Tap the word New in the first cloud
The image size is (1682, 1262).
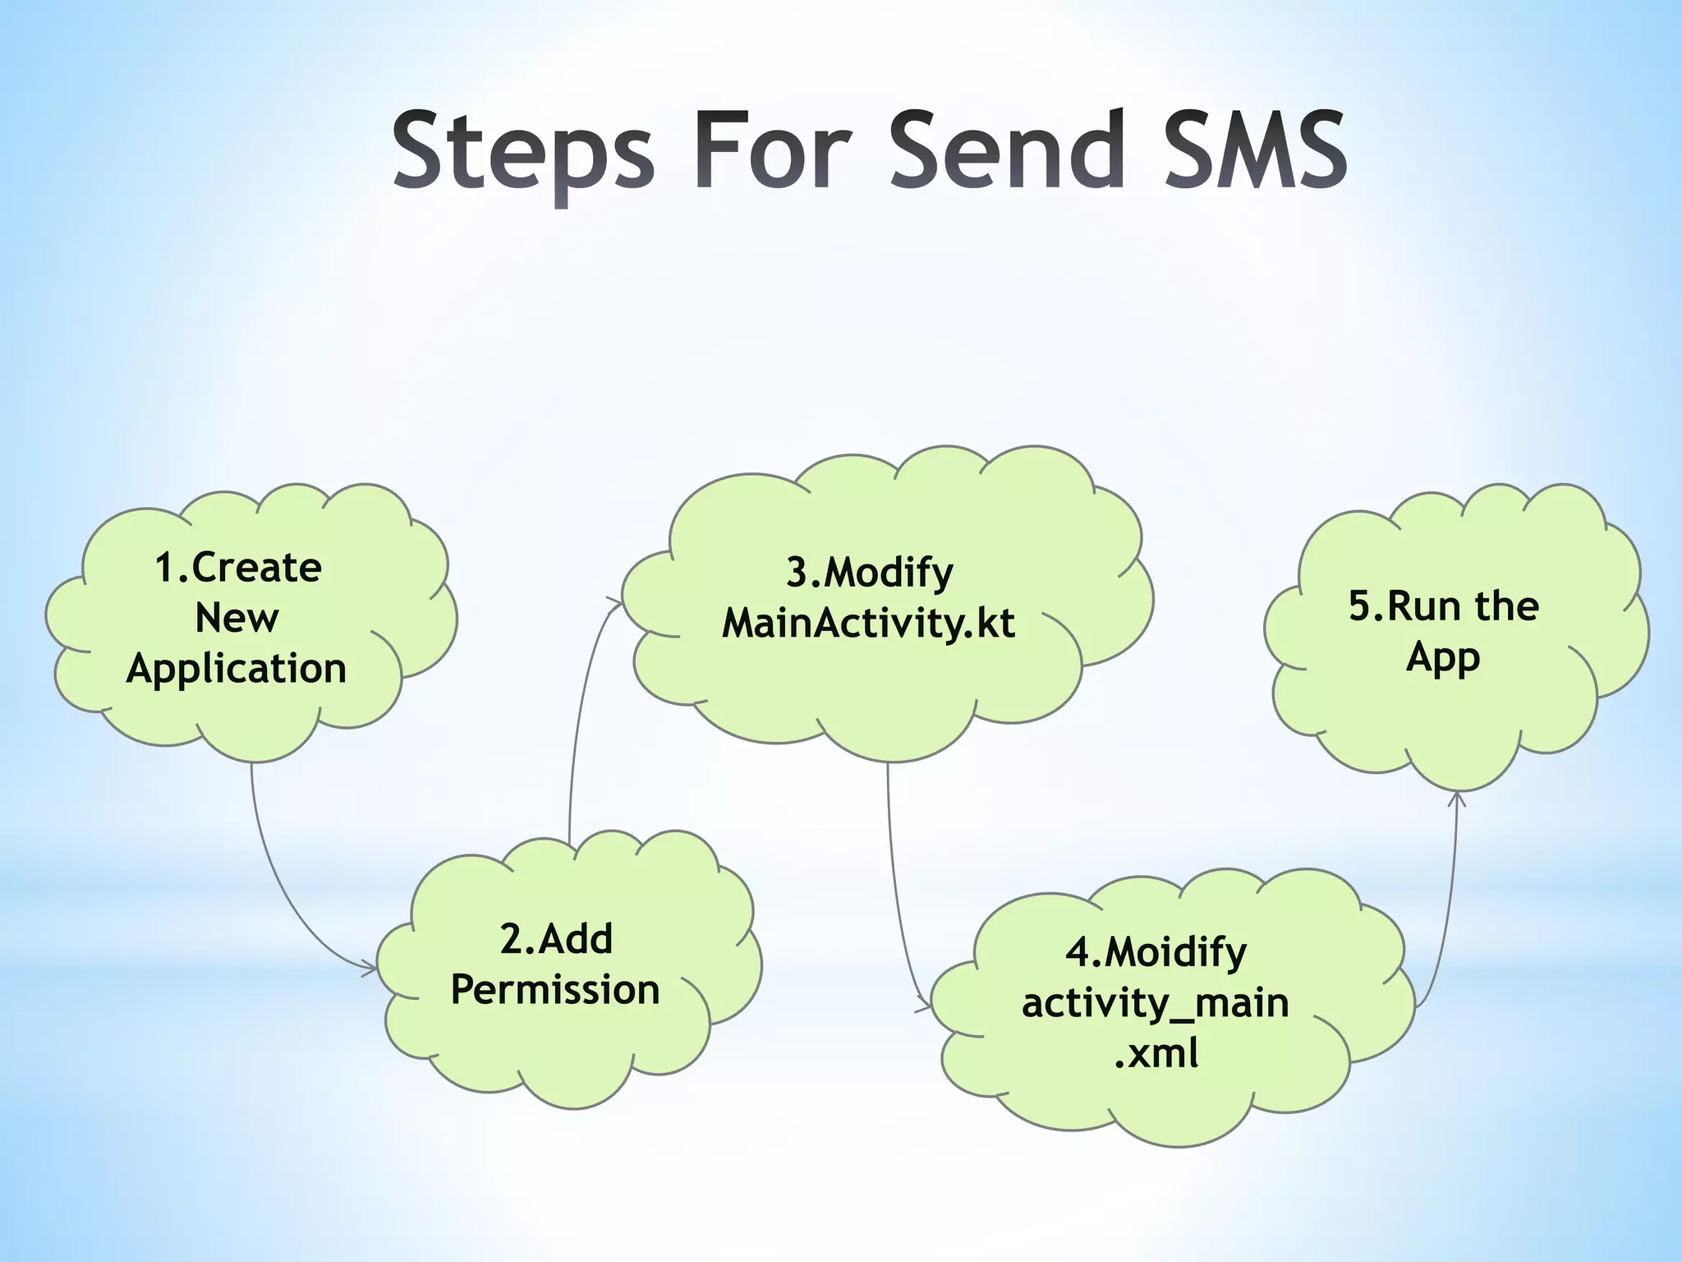pos(237,618)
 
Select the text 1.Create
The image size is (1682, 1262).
pos(238,568)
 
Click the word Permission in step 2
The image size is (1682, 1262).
pos(555,990)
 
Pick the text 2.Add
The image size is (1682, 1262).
pos(556,939)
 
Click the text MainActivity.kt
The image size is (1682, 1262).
pos(868,624)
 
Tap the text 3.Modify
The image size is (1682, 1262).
pos(870,573)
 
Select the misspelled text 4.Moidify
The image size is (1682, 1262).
pos(1156,952)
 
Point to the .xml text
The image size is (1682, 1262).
pos(1156,1053)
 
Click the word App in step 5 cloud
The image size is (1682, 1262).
pos(1443,658)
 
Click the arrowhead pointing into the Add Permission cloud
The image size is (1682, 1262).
pos(370,967)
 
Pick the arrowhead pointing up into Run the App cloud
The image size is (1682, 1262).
pos(1457,798)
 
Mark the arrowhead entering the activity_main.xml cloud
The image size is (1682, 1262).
pos(924,1006)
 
